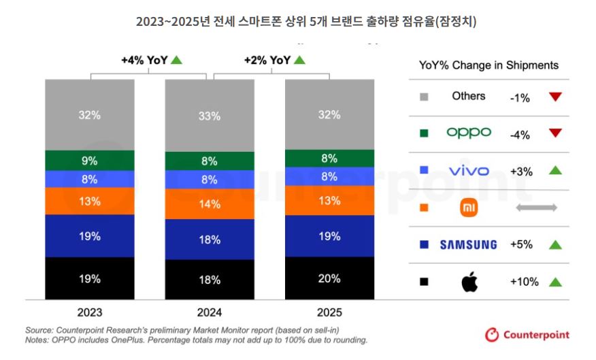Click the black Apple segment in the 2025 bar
329,278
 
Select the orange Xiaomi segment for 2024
210,203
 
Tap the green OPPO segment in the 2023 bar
90,161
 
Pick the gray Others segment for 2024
210,116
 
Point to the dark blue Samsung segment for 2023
90,236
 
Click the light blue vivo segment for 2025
329,176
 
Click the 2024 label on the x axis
210,312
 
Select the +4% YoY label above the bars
144,60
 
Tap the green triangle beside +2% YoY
299,60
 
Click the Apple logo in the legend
469,282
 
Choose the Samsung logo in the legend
468,245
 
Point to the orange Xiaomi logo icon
469,208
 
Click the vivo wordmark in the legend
469,171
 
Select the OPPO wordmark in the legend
469,133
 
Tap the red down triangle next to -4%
555,133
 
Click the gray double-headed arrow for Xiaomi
536,208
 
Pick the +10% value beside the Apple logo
524,282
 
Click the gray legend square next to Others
424,97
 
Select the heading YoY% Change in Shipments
489,65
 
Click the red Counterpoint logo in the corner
527,335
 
